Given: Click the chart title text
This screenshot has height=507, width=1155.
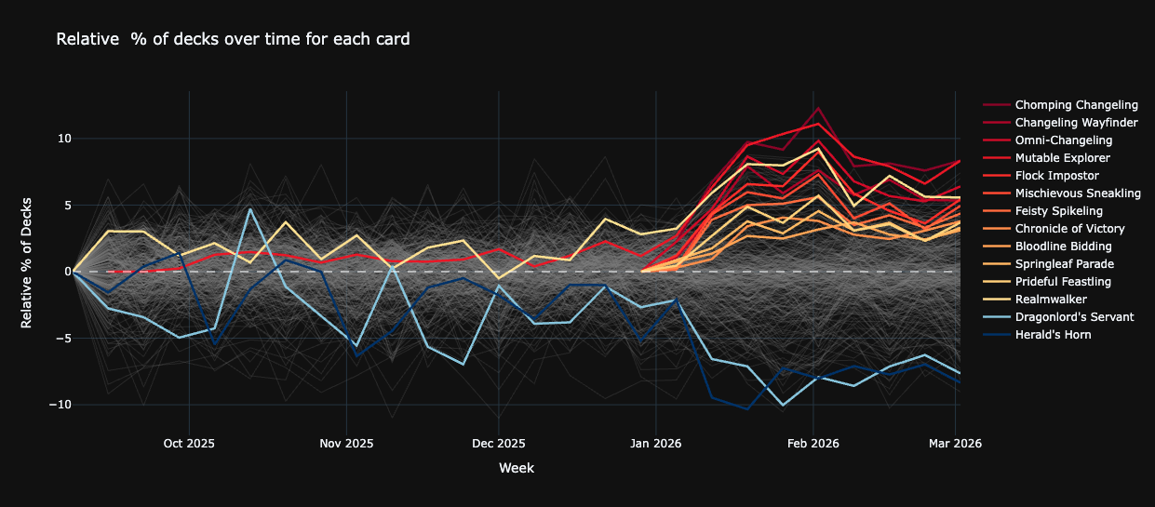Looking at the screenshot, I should click(233, 39).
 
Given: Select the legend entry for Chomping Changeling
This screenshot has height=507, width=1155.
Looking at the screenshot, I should click(1076, 105).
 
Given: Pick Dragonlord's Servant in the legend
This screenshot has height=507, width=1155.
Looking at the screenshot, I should click(1074, 317).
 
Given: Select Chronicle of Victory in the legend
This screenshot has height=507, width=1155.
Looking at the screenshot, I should click(1069, 229).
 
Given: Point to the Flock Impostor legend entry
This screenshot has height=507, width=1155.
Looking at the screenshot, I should click(1056, 176).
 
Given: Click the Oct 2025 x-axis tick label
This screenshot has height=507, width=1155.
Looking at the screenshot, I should click(189, 444).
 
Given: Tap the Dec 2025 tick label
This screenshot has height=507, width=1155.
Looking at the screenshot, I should click(499, 444).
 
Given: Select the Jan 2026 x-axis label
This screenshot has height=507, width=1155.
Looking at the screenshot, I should click(656, 444).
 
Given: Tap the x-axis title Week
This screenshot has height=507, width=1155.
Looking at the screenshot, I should click(516, 468).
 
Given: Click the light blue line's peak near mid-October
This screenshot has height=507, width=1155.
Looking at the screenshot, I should click(249, 208).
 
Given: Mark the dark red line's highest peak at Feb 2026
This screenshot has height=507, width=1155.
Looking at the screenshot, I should click(818, 107).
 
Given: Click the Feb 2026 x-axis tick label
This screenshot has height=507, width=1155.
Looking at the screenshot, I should click(813, 444).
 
